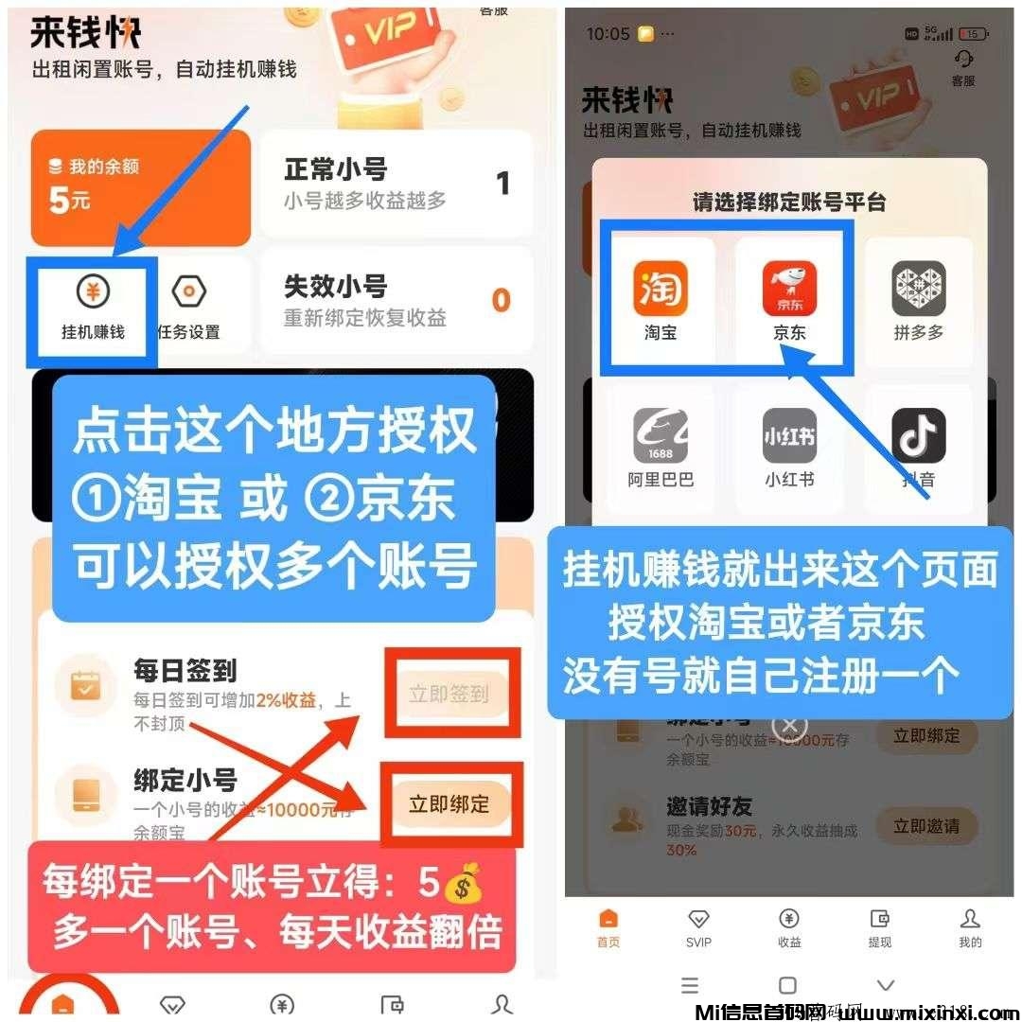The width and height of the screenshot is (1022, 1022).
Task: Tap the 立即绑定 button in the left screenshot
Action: pyautogui.click(x=449, y=804)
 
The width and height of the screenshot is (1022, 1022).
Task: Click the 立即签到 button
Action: pyautogui.click(x=449, y=695)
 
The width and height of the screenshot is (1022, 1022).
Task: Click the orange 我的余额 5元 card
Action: pyautogui.click(x=140, y=187)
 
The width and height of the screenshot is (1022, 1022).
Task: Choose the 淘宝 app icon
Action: pyautogui.click(x=661, y=290)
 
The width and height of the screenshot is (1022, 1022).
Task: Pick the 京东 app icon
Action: pyautogui.click(x=789, y=290)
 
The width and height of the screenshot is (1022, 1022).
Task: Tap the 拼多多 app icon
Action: pyautogui.click(x=918, y=290)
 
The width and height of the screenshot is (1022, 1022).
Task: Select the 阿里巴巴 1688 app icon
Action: pyautogui.click(x=661, y=435)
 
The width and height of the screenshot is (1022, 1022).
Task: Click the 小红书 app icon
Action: pyautogui.click(x=789, y=435)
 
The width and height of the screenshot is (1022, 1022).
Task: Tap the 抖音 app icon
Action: pyautogui.click(x=918, y=435)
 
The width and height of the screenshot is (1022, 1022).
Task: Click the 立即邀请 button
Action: pyautogui.click(x=925, y=826)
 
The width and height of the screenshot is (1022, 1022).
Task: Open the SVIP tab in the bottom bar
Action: pyautogui.click(x=698, y=926)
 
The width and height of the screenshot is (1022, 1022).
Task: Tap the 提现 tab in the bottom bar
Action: pyautogui.click(x=879, y=926)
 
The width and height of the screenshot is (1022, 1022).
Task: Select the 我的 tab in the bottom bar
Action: pyautogui.click(x=970, y=926)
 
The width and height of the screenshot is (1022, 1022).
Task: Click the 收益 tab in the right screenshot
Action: pyautogui.click(x=789, y=926)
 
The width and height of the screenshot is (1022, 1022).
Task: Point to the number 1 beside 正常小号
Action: pyautogui.click(x=502, y=183)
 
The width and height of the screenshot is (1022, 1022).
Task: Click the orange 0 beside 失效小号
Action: pyautogui.click(x=501, y=301)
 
